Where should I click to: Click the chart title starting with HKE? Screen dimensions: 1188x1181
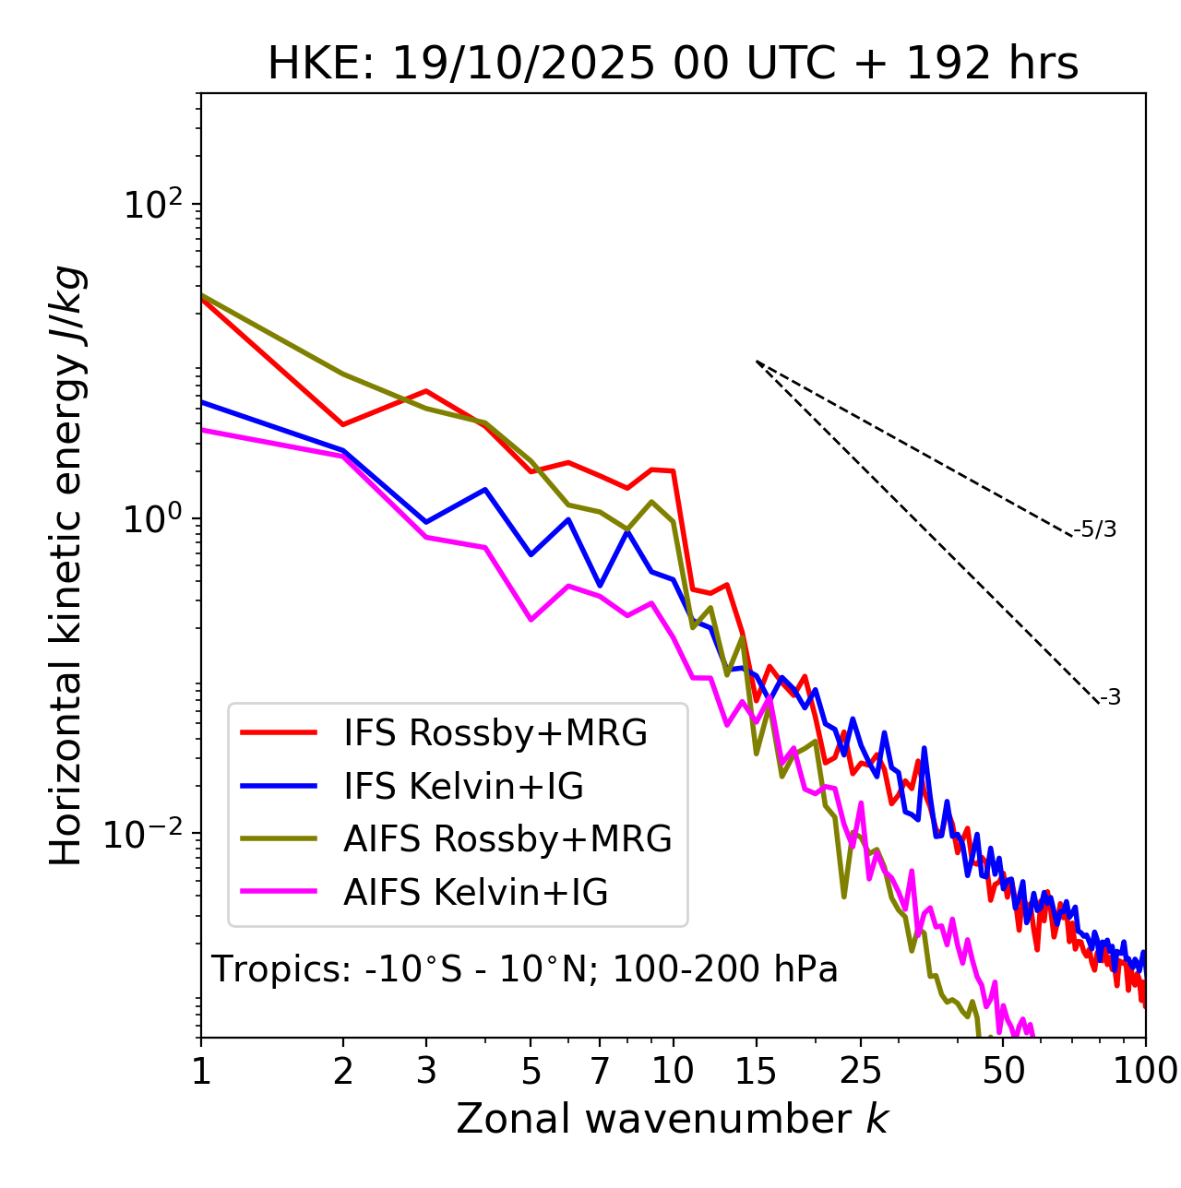point(673,65)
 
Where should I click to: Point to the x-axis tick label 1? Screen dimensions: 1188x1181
point(201,1071)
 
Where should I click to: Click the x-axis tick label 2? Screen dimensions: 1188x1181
point(343,1071)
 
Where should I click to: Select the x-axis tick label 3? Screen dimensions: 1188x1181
point(426,1071)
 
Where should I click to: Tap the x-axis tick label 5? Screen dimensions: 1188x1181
point(531,1071)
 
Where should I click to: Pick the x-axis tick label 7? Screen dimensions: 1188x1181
point(600,1071)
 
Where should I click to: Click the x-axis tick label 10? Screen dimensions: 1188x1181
point(673,1071)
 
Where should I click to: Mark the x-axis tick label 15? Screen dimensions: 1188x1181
point(756,1071)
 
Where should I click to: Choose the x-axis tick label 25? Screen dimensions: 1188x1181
point(861,1071)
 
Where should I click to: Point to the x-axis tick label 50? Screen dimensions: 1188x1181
point(1003,1071)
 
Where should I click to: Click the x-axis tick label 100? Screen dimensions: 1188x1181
point(1145,1071)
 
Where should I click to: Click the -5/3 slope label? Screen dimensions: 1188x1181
point(1095,530)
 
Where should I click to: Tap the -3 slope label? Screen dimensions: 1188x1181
point(1111,698)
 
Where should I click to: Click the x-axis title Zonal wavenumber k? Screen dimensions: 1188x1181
point(673,1119)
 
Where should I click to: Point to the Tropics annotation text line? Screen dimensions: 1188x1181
point(525,970)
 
